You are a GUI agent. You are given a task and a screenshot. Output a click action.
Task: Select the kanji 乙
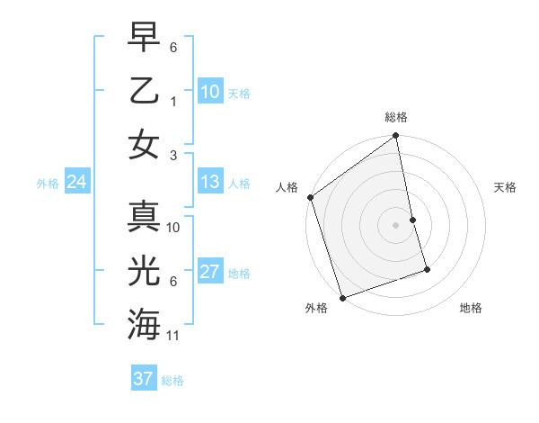(145, 91)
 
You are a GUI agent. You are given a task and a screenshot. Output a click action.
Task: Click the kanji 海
(145, 321)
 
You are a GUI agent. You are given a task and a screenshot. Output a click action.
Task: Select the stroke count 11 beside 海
(174, 335)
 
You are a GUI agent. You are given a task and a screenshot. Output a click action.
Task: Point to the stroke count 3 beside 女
(174, 155)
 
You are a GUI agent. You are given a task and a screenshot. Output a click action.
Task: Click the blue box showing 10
(209, 91)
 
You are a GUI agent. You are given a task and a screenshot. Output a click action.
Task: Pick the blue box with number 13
(209, 182)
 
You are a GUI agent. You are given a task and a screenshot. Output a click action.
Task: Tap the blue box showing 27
(209, 272)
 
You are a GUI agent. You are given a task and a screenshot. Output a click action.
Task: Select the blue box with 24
(76, 182)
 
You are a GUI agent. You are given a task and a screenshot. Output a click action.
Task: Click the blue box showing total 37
(144, 379)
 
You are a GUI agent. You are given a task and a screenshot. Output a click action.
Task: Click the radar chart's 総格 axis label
(396, 117)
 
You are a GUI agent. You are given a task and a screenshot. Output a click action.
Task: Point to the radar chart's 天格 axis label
(506, 187)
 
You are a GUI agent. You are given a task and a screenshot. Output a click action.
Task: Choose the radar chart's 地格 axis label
(471, 308)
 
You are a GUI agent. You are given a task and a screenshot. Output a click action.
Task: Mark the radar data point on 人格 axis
(310, 197)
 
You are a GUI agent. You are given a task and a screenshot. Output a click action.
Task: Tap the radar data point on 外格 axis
(342, 297)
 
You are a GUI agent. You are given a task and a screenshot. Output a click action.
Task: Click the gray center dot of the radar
(396, 224)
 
